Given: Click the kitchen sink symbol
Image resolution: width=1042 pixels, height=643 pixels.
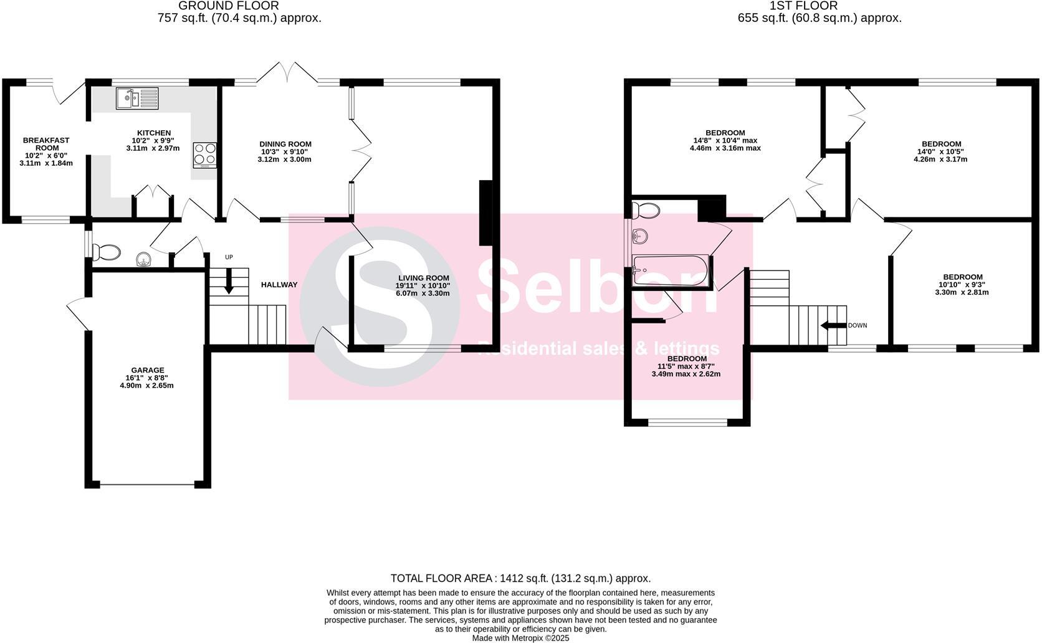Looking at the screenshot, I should coord(137,98).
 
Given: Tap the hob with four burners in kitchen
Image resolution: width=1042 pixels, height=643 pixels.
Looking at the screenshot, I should coord(205,155).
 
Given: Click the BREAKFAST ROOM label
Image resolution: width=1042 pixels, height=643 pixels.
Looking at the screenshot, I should coord(46,144).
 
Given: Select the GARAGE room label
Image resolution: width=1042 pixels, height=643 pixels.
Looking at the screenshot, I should coord(148,370).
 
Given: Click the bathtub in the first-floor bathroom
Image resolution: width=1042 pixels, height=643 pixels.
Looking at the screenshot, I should coord(670,271).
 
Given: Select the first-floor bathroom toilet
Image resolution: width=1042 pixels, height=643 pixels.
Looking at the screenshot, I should coord(646,211).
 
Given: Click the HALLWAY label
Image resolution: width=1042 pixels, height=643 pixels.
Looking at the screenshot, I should coord(279,285).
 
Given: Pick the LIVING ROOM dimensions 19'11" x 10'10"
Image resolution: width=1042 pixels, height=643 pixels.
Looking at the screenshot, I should coord(423,285).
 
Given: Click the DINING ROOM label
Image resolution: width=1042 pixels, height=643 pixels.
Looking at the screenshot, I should coord(285,144).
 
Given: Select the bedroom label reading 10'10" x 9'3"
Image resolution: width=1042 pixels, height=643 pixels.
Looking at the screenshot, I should coord(962,277).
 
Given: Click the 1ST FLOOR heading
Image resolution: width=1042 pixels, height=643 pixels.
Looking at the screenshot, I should coord(803,6).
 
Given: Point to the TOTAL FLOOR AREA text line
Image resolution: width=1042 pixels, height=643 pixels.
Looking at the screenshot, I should coord(520,578).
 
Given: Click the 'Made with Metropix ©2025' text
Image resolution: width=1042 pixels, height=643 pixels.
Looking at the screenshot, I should coord(520,638).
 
